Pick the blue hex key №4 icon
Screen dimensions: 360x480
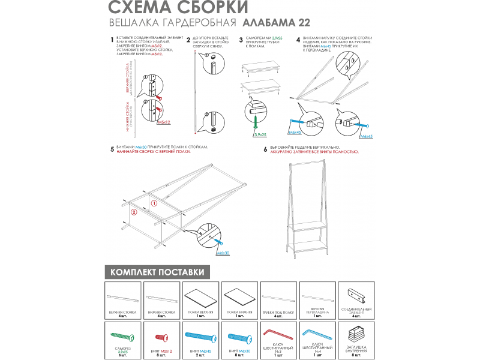click(317, 333)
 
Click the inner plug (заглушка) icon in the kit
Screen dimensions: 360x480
click(356, 334)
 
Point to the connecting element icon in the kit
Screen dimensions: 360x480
click(356, 295)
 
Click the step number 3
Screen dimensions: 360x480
click(241, 40)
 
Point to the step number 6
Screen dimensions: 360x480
click(265, 148)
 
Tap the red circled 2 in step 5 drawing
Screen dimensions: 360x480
click(134, 212)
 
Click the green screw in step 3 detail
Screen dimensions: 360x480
click(256, 123)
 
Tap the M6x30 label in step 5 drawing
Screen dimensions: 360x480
click(223, 253)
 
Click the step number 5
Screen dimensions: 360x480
click(112, 148)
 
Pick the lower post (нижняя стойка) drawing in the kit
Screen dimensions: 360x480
click(162, 298)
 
